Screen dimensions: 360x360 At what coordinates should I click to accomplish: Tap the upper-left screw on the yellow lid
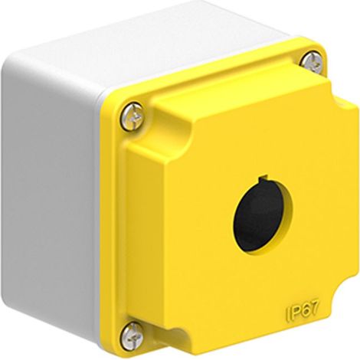[133, 117]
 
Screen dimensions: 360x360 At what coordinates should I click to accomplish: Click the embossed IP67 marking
[302, 310]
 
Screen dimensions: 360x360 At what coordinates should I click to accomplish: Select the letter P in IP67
[294, 312]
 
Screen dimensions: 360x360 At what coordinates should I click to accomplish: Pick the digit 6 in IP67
[303, 310]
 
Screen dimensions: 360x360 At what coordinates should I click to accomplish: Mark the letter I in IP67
[287, 313]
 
